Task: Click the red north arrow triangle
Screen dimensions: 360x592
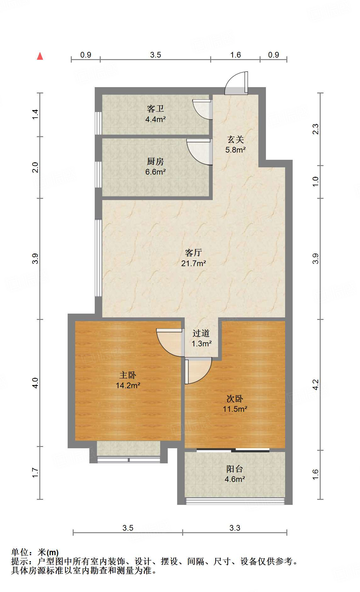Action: [40, 56]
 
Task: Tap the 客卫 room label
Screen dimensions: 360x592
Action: [155, 109]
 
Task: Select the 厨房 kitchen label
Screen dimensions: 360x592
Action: [155, 161]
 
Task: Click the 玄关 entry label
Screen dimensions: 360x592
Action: [235, 139]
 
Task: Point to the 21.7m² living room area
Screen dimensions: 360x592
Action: [194, 263]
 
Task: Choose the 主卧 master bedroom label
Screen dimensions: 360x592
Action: [128, 375]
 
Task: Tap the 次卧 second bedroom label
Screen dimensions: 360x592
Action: [235, 399]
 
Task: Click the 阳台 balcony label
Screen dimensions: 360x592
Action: [235, 469]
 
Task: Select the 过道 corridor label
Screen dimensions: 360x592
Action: [201, 333]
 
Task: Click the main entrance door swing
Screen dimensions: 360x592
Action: [236, 83]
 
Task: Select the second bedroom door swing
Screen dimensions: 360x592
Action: [198, 371]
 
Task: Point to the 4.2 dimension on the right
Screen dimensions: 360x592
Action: [316, 385]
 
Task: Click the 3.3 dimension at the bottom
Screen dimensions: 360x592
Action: [235, 528]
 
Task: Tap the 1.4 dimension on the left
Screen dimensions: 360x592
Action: [36, 114]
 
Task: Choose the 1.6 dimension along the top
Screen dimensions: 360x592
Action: [235, 55]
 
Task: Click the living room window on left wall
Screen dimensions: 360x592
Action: [98, 258]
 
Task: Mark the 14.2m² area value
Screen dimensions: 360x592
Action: [128, 385]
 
